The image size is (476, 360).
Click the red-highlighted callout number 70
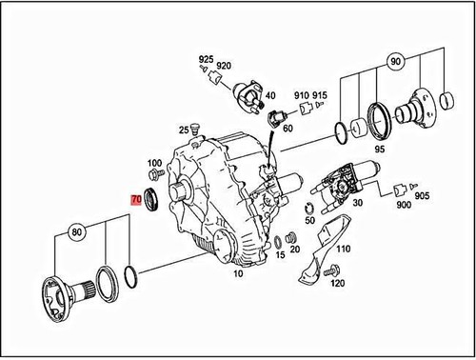point(136,201)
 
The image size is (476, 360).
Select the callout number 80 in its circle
point(75,230)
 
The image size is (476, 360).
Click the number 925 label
point(207,60)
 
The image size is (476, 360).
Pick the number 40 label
point(270,96)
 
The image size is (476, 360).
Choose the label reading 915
point(320,96)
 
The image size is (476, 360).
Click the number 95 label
point(379,149)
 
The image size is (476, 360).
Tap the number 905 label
point(422,196)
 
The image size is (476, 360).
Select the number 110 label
point(343,249)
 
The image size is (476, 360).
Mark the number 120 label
point(336,283)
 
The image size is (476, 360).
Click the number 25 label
point(183,130)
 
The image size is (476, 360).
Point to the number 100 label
point(154,164)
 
